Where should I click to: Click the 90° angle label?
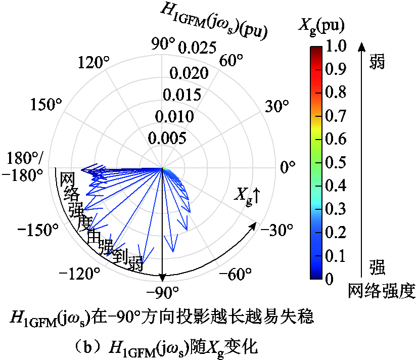coord(163,44)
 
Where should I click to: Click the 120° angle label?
coord(95,63)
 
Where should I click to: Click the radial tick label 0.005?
coord(168,138)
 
